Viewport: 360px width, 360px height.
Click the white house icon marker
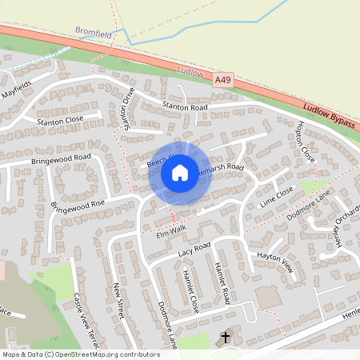180,173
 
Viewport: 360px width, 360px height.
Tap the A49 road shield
223,81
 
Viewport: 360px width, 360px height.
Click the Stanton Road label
185,106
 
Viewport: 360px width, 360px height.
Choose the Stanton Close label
60,121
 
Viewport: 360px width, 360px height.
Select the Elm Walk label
166,230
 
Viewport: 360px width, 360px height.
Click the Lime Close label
278,197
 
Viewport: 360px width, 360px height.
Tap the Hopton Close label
306,143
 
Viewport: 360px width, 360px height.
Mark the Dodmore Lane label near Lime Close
308,206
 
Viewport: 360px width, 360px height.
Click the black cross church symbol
226,338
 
